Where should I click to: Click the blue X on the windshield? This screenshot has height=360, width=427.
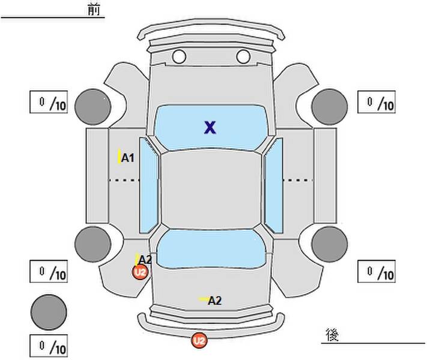tap(210, 127)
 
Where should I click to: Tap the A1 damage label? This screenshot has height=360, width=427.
tap(128, 158)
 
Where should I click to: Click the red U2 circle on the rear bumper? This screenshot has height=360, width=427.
tap(199, 340)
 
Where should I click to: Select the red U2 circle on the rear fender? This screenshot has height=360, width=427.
tap(141, 272)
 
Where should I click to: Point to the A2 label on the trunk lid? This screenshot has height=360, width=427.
tap(214, 301)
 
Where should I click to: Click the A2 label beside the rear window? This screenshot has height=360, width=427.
tap(145, 260)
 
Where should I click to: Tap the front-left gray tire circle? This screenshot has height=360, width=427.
tap(93, 107)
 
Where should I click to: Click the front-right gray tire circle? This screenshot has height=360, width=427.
tap(330, 107)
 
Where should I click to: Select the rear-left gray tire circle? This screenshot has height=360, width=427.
tap(93, 244)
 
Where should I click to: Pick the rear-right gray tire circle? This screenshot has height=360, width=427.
tap(330, 244)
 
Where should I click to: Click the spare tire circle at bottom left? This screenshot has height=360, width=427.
tap(49, 312)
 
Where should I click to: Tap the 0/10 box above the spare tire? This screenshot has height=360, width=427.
tap(49, 271)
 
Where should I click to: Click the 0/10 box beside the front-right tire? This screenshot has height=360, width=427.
tap(377, 102)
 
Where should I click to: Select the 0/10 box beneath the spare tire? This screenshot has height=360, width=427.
tap(49, 346)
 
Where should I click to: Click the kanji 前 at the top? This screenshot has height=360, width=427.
tap(94, 10)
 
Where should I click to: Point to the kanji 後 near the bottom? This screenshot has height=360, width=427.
tap(332, 335)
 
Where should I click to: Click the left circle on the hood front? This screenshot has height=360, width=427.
tap(179, 56)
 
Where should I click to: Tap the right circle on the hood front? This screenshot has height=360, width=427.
tap(243, 56)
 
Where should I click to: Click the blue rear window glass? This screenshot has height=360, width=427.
tap(211, 249)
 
